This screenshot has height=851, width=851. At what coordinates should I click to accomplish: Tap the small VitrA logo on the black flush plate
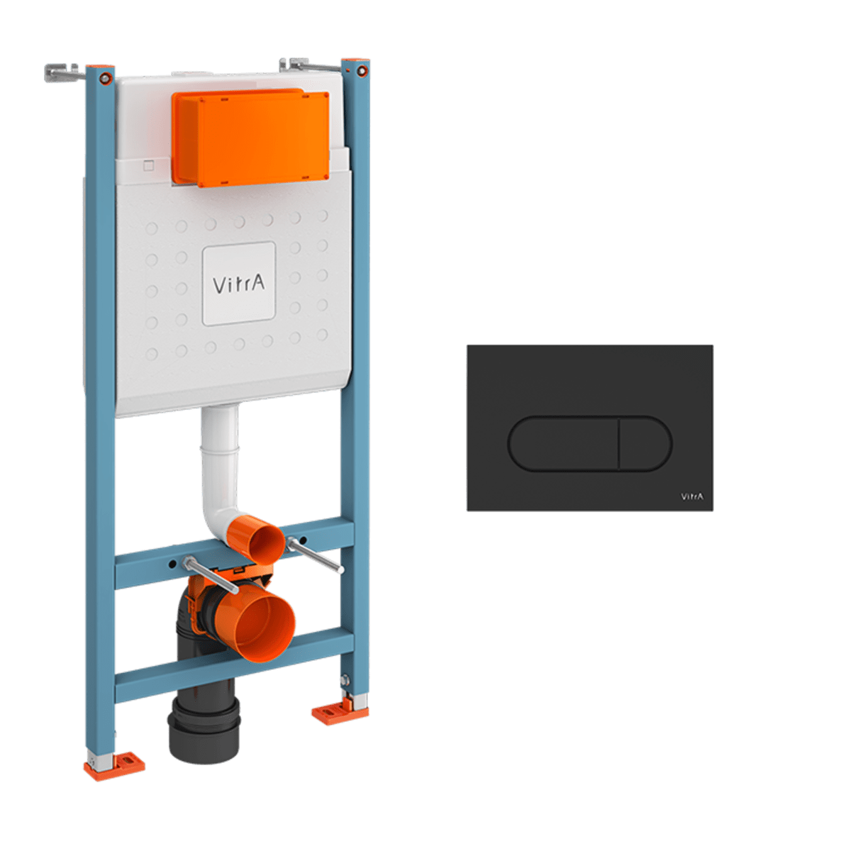tap(691, 496)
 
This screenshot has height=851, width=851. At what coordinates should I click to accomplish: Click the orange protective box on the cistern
tap(250, 138)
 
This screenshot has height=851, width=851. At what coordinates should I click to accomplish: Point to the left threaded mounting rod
tap(211, 574)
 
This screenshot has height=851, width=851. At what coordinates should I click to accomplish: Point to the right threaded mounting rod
tap(316, 555)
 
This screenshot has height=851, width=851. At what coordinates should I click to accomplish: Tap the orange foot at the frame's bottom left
tap(114, 765)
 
